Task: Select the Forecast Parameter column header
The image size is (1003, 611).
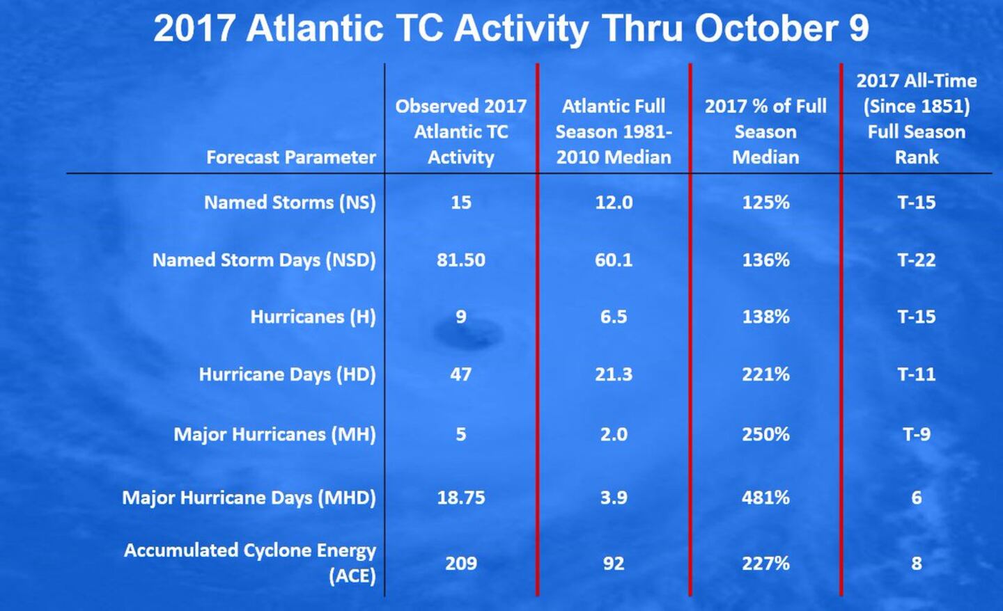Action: (290, 157)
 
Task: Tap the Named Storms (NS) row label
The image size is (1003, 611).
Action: (290, 203)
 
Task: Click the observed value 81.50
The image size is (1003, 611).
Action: (461, 260)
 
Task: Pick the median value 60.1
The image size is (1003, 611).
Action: (614, 260)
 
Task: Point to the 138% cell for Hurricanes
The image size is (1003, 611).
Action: (765, 317)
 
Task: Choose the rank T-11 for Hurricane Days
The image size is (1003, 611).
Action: (917, 374)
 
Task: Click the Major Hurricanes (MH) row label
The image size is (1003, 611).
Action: (274, 434)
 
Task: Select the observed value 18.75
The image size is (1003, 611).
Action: (461, 498)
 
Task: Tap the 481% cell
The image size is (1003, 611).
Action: (765, 498)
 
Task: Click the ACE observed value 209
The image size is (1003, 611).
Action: (461, 563)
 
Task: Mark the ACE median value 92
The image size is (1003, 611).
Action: (614, 563)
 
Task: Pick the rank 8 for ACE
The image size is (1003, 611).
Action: (917, 563)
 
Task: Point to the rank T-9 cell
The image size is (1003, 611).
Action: (917, 434)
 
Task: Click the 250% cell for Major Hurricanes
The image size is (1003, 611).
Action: (765, 434)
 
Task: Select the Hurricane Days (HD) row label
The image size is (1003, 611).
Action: (287, 374)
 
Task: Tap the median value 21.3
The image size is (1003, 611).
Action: (614, 374)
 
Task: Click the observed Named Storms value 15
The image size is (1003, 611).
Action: (461, 203)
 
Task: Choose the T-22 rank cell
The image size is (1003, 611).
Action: (917, 260)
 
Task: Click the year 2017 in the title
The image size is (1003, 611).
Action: (194, 29)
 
